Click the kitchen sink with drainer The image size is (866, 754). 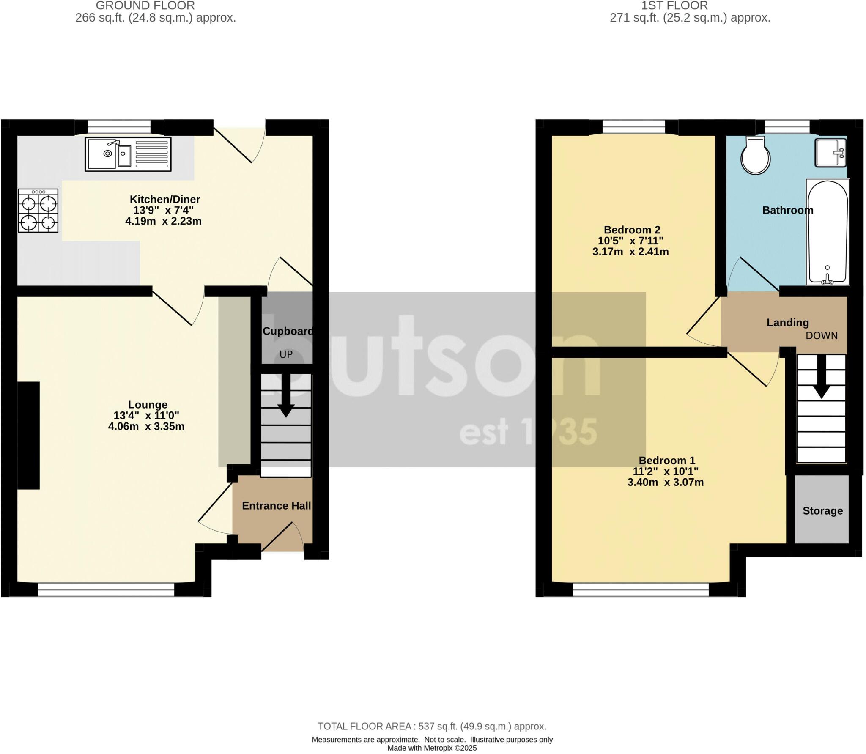tap(128, 154)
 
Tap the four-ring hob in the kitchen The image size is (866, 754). tap(38, 211)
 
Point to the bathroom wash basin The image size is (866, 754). tap(830, 153)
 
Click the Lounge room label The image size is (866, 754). tap(148, 405)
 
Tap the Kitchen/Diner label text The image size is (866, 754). tap(164, 199)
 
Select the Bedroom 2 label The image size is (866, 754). tap(632, 230)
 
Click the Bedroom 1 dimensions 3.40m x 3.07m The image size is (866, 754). tap(665, 483)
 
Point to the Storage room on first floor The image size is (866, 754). tap(822, 511)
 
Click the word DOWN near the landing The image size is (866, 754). tap(821, 336)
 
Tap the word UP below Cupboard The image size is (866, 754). tap(286, 355)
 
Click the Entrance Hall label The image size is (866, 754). tap(276, 506)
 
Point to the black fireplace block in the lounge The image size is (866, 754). tap(28, 436)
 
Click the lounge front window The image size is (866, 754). tap(106, 590)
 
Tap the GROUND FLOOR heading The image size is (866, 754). tap(145, 6)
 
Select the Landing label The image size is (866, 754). tap(787, 323)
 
